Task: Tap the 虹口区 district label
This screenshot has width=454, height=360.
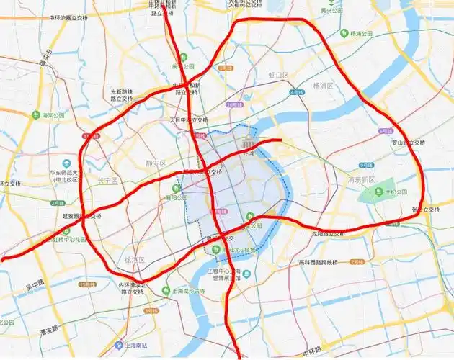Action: pyautogui.click(x=278, y=75)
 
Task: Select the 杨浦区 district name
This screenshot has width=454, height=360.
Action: pyautogui.click(x=322, y=86)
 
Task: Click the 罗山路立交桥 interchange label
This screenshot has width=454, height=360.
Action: pyautogui.click(x=407, y=143)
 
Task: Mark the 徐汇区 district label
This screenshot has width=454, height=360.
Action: pyautogui.click(x=135, y=259)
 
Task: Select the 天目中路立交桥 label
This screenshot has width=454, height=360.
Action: pyautogui.click(x=188, y=120)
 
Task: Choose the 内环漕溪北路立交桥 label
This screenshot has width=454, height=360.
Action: pyautogui.click(x=135, y=289)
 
